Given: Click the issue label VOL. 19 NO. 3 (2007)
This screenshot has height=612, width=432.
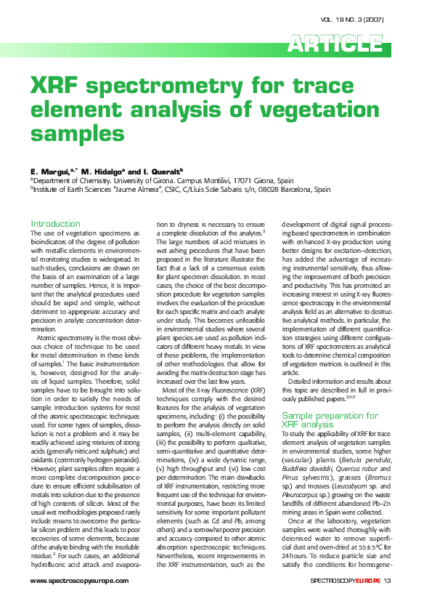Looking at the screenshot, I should [357, 19].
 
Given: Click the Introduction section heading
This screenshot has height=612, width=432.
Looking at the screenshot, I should [55, 223].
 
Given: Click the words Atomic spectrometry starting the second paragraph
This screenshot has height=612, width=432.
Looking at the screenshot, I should [66, 338].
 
